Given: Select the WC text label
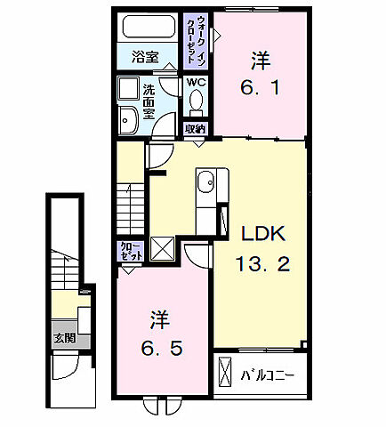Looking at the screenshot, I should (x=196, y=84).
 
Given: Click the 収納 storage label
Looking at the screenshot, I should (x=195, y=128).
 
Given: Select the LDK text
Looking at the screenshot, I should (x=263, y=236).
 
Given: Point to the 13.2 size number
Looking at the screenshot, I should (x=263, y=264).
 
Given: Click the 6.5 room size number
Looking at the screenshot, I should (x=160, y=348).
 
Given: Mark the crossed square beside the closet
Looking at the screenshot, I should (x=163, y=249).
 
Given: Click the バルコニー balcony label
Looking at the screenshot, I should (x=268, y=375).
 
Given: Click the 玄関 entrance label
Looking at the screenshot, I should (x=63, y=338).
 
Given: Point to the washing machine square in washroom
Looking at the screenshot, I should (x=127, y=90).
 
